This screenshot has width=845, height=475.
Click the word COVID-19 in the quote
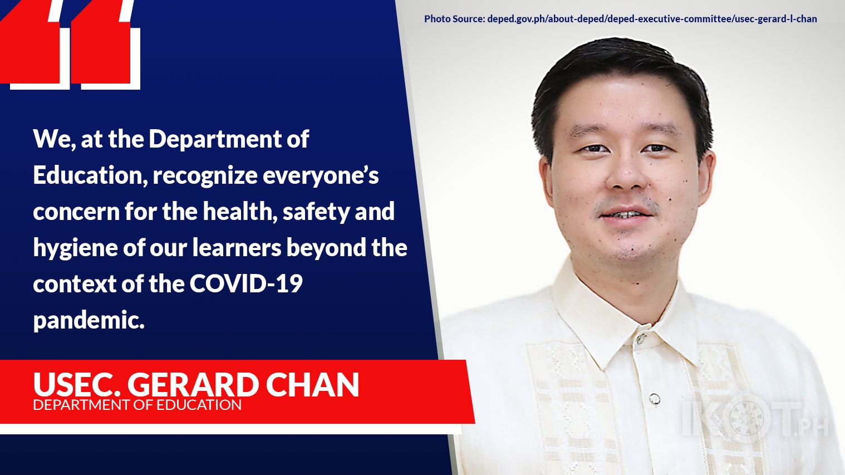click(246, 283)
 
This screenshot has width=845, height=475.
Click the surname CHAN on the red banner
click(312, 385)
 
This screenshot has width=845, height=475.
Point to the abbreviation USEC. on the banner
click(77, 385)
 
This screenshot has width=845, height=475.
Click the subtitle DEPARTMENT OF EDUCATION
click(137, 405)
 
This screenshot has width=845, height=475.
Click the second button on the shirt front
click(655, 398)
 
